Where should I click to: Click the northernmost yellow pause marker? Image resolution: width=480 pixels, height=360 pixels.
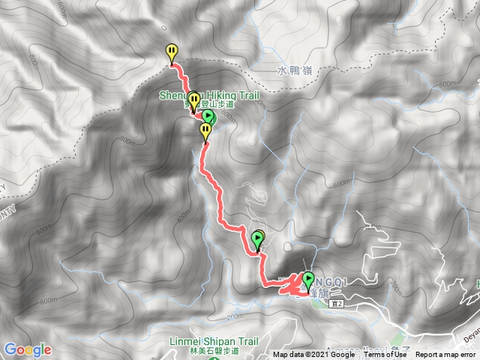(172, 52)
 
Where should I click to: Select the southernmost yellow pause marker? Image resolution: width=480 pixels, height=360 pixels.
(205, 131)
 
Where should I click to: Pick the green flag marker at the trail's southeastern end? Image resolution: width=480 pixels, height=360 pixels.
(307, 280)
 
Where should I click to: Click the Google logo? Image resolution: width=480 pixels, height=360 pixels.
(27, 349)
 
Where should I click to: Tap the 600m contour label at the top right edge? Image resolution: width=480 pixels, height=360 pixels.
(447, 84)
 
